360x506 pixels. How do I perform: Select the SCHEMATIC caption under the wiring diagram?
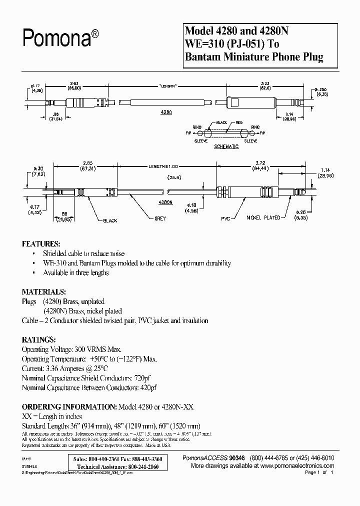226,146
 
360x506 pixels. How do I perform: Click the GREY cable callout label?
160,218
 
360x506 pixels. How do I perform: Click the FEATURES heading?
41,244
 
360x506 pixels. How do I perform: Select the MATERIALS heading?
43,291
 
